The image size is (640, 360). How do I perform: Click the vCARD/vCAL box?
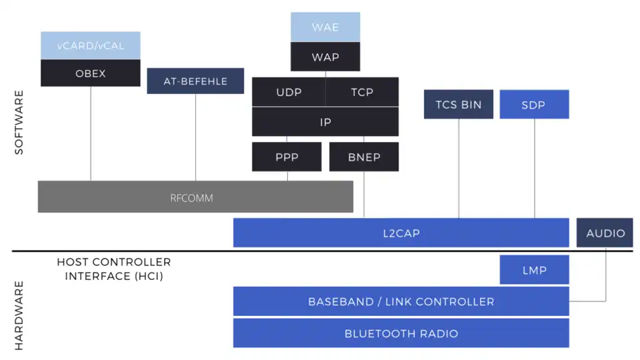[91, 45]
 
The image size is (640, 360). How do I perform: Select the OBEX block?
[91, 73]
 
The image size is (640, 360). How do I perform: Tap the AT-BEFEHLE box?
[195, 81]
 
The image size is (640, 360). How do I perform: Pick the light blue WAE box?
[325, 27]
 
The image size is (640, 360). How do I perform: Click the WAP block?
[325, 57]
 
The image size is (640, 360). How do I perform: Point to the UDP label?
[289, 92]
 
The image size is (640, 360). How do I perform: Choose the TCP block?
[363, 92]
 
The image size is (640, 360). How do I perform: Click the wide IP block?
[325, 122]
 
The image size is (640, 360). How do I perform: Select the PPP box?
[287, 157]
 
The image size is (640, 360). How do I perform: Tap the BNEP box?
[364, 157]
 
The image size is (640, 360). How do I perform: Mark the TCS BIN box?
[459, 105]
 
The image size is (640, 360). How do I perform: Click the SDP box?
[534, 105]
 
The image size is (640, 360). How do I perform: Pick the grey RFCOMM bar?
[195, 197]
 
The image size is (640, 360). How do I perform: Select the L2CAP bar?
[401, 233]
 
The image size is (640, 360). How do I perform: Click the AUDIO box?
[605, 233]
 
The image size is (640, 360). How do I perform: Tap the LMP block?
[534, 270]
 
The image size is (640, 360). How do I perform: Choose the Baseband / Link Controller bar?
[401, 301]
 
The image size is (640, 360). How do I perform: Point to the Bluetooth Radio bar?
[401, 333]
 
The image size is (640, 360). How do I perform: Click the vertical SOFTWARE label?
[19, 123]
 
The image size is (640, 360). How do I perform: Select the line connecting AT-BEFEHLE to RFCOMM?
[195, 137]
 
